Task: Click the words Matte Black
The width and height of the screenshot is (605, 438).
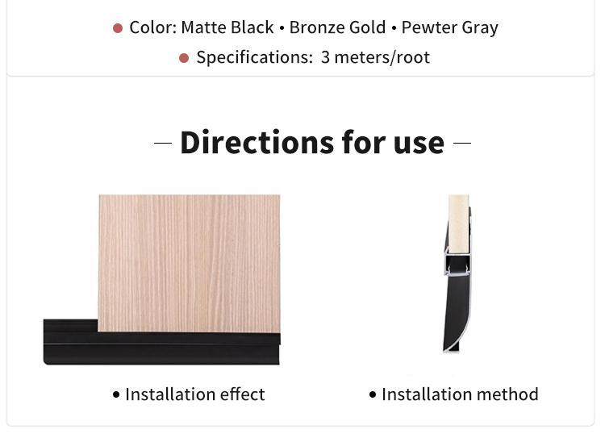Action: coord(227,27)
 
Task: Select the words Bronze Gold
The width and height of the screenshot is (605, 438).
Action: coord(338,27)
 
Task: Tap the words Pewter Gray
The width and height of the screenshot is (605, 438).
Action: coord(450,28)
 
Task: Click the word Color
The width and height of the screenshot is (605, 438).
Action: coord(152,27)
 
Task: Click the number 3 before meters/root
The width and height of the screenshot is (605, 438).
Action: coord(325,57)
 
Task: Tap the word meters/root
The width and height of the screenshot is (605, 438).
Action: coord(382,57)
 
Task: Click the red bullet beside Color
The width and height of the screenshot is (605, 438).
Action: coord(118,28)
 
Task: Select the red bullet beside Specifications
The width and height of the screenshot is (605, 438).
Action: coord(184,58)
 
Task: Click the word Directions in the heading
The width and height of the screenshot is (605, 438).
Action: coord(257,143)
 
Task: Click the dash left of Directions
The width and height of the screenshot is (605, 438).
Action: coord(163,143)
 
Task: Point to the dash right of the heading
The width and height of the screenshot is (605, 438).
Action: coord(462,143)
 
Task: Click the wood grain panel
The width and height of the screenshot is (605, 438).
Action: coord(189,263)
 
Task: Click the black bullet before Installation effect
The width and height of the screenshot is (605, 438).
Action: coord(116,394)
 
